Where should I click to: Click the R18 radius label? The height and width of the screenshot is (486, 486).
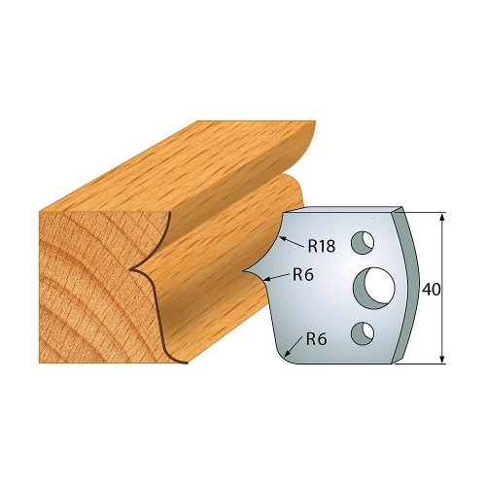tap(321, 246)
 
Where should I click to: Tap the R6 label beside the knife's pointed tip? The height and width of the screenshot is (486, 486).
tap(303, 275)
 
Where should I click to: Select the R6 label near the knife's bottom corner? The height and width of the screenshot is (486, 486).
tap(317, 339)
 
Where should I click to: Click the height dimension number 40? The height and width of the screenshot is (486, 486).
tap(432, 290)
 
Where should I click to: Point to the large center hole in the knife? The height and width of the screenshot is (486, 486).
tap(374, 287)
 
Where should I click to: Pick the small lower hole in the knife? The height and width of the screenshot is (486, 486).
tap(363, 332)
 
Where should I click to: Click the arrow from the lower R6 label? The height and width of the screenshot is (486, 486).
tap(295, 347)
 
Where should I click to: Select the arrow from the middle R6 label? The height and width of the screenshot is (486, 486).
tap(276, 276)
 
